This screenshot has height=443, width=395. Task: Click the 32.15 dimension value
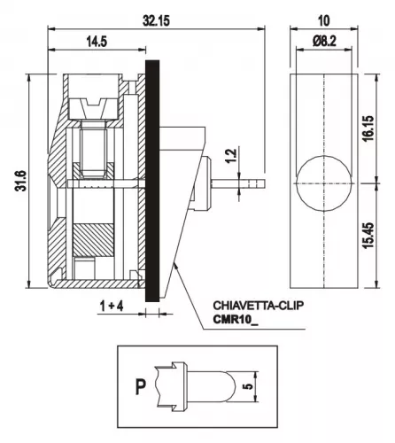click(156, 21)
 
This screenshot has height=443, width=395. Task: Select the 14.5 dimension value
click(97, 42)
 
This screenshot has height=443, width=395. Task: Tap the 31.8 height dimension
click(20, 181)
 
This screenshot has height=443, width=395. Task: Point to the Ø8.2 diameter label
click(324, 42)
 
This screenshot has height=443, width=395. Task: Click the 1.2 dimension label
click(231, 156)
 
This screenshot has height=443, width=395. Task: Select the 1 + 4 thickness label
click(112, 307)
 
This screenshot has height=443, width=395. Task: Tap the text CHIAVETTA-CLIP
click(259, 306)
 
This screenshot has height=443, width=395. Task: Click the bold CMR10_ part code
click(236, 320)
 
